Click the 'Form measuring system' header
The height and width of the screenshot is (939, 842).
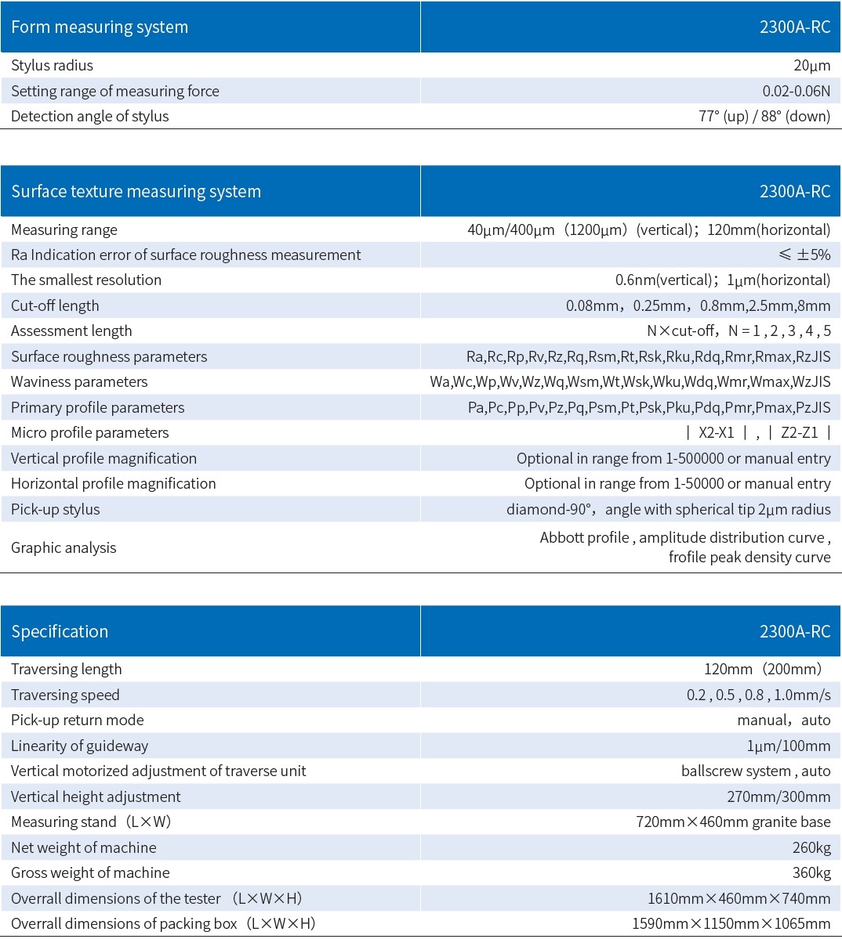100,27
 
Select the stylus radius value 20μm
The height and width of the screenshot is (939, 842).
811,66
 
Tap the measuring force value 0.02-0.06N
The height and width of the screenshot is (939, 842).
796,91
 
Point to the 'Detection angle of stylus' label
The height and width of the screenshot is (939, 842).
90,117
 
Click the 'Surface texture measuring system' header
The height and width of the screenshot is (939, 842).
136,192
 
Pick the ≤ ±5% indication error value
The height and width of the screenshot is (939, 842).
804,255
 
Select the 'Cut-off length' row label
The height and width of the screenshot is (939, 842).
55,305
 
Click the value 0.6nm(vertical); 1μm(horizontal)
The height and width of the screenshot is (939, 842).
722,280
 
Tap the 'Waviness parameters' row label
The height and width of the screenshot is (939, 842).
79,382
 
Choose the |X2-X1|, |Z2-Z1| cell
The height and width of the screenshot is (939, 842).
757,433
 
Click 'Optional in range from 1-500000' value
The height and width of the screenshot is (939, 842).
673,458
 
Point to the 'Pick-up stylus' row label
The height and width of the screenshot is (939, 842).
56,509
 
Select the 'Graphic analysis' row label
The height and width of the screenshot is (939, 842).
64,547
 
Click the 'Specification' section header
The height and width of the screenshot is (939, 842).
60,631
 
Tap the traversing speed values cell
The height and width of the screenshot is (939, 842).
758,695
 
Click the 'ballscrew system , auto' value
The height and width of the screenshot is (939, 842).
755,771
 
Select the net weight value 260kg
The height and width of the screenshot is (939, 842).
811,847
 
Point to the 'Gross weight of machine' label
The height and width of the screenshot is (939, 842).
90,872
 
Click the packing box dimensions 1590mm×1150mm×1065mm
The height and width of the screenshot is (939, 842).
731,923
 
